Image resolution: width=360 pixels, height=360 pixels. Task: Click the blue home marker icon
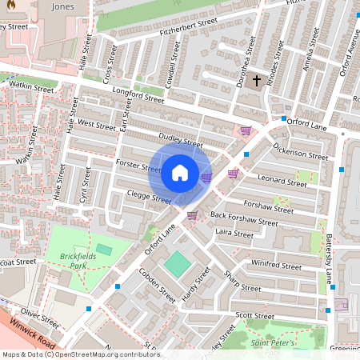(180, 173)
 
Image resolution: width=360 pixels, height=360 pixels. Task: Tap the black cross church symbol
(257, 81)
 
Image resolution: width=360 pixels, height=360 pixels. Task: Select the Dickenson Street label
(300, 151)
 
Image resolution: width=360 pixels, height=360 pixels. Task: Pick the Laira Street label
(234, 234)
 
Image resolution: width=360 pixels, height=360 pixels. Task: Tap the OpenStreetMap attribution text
(80, 354)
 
